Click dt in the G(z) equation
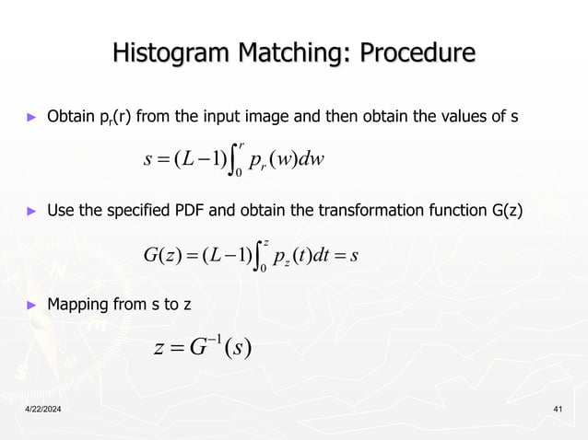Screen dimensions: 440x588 (x=326, y=250)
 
